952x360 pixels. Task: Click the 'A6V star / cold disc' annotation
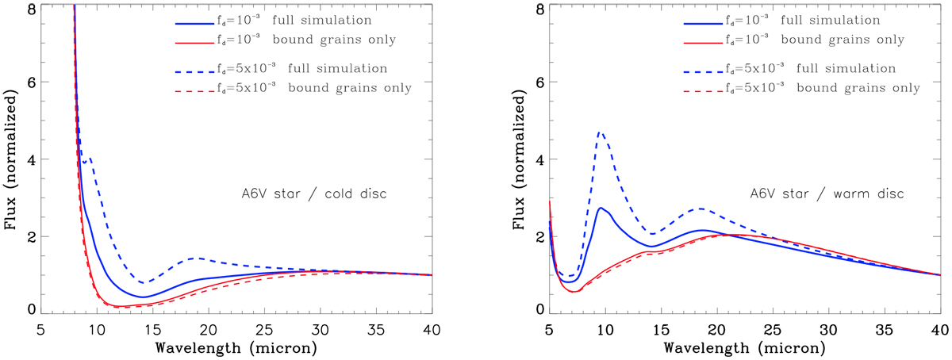[313, 193]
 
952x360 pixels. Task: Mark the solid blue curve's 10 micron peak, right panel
[601, 208]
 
